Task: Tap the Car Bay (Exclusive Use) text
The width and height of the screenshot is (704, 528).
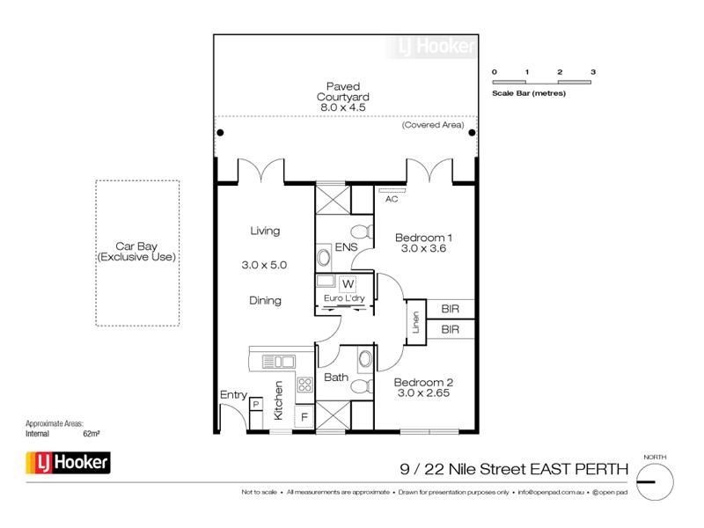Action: point(136,252)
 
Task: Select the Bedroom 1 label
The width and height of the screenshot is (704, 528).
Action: point(423,238)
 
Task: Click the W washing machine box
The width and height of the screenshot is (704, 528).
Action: point(348,283)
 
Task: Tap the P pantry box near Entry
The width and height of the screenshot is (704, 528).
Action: point(256,403)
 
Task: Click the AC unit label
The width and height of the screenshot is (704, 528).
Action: point(392,199)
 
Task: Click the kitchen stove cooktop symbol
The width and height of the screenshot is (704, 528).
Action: point(305,384)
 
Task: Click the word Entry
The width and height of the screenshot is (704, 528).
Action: point(233,395)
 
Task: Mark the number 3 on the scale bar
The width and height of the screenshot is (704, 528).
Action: point(593,71)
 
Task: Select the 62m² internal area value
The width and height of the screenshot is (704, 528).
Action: point(91,434)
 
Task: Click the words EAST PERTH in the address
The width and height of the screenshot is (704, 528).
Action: point(580,470)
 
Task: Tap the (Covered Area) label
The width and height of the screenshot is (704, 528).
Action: point(433,126)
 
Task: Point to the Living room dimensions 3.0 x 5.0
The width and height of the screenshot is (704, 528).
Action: point(265,264)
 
